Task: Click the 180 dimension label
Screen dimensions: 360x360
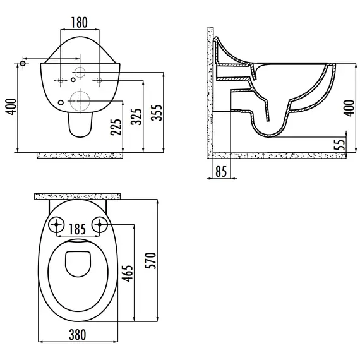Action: tap(79, 22)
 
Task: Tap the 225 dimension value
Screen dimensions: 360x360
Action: tap(116, 127)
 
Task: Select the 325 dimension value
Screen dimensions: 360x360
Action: tap(136, 116)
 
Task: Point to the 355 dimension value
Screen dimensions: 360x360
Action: tap(157, 112)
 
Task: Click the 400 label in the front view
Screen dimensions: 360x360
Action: tap(11, 107)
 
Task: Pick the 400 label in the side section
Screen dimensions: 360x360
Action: tap(349, 108)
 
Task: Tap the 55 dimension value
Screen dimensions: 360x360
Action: tap(341, 145)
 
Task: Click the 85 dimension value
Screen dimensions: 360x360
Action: tap(221, 171)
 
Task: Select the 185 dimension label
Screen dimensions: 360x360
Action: tap(78, 229)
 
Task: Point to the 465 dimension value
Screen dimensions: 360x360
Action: tap(127, 273)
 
